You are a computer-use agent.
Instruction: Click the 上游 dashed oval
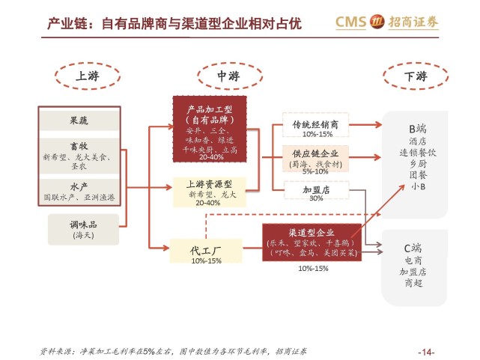pyautogui.click(x=85, y=76)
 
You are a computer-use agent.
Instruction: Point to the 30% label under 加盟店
pyautogui.click(x=316, y=199)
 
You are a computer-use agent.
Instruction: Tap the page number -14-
pyautogui.click(x=426, y=353)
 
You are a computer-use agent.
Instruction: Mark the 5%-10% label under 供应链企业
pyautogui.click(x=316, y=171)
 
